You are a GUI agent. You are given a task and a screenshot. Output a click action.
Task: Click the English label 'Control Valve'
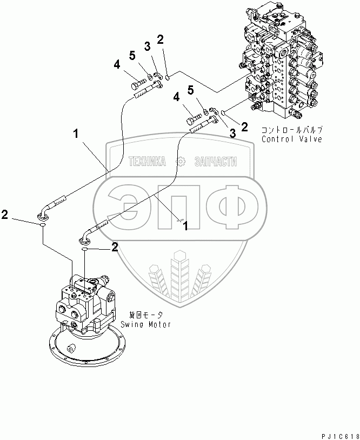click(x=291, y=139)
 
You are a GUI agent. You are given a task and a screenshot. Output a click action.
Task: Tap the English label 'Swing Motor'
click(x=145, y=324)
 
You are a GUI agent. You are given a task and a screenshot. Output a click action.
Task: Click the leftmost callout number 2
click(x=5, y=215)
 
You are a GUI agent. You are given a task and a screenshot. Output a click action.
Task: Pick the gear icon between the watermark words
click(x=180, y=162)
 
